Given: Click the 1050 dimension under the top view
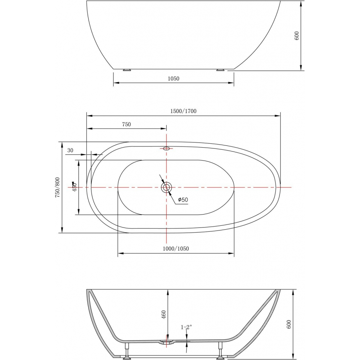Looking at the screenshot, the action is [174, 79].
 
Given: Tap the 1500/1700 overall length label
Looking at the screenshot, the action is [183, 111].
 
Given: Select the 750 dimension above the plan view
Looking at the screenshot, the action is [126, 125].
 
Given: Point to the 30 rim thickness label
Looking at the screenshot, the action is [70, 150].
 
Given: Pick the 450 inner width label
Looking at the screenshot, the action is [75, 187].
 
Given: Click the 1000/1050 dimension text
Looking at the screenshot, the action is [176, 249].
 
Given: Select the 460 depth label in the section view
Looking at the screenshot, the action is [163, 315].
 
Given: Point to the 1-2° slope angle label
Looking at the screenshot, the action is [186, 327].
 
